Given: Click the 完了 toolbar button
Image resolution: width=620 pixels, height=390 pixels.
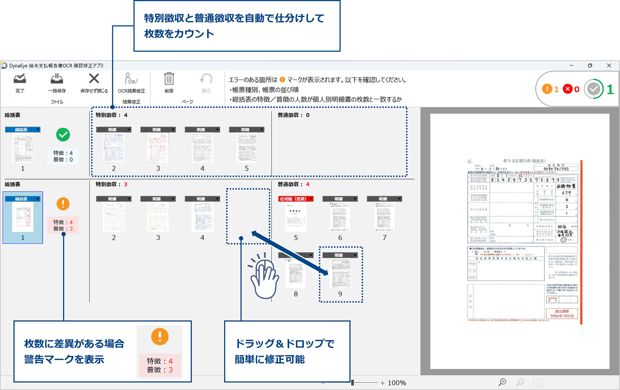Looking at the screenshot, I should pyautogui.click(x=20, y=79).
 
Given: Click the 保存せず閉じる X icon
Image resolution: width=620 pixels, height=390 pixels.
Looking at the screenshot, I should pyautogui.click(x=94, y=78).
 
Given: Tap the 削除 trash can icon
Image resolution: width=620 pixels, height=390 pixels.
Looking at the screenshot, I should pyautogui.click(x=169, y=79).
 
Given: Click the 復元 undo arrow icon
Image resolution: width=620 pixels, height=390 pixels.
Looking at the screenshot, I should pyautogui.click(x=206, y=79).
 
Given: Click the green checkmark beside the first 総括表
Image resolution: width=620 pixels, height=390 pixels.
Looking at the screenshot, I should pyautogui.click(x=63, y=135).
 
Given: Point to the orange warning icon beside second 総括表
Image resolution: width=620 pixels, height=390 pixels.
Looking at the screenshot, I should pyautogui.click(x=63, y=204).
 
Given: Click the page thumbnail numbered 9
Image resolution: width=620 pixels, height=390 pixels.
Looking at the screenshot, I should pyautogui.click(x=340, y=274).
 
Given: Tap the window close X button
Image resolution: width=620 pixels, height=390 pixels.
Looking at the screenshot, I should pyautogui.click(x=609, y=65).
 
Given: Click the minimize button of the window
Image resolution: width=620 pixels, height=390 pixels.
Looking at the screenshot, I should pyautogui.click(x=571, y=65).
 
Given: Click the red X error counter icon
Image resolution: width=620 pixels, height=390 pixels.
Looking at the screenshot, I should pyautogui.click(x=568, y=89).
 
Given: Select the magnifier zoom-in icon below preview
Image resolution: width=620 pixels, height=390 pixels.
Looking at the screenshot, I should pyautogui.click(x=502, y=382).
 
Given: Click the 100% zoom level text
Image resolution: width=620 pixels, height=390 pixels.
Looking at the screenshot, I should pyautogui.click(x=397, y=383).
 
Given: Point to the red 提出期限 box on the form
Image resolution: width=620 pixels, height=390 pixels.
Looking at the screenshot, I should pyautogui.click(x=562, y=314).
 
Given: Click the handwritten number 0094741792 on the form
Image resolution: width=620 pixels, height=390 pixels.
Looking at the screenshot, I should pyautogui.click(x=556, y=169).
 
